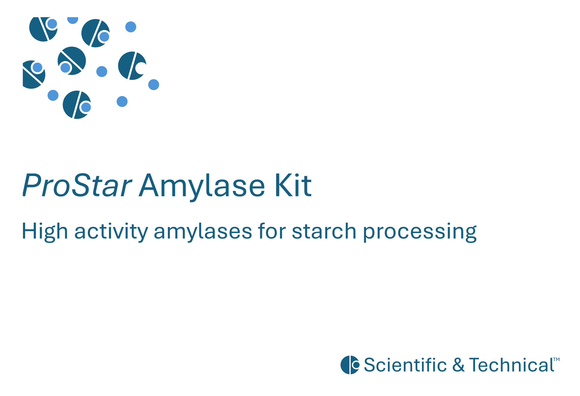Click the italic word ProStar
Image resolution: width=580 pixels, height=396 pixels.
(77, 185)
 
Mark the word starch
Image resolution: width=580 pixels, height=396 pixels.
(324, 231)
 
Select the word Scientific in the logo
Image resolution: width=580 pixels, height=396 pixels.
(405, 365)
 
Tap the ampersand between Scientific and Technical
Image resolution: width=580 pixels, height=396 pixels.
(458, 365)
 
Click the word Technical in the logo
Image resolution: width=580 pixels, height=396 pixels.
(511, 365)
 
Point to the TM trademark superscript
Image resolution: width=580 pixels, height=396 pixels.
(556, 359)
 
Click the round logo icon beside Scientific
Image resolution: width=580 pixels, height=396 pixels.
(350, 365)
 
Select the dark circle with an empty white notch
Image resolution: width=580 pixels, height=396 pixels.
(132, 66)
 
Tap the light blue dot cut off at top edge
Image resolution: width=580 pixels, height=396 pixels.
(73, 20)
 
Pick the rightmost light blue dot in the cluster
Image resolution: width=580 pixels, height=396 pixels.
(153, 85)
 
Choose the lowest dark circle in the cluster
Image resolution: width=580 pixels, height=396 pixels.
(77, 105)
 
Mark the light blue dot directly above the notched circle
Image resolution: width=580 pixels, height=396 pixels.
(131, 27)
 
